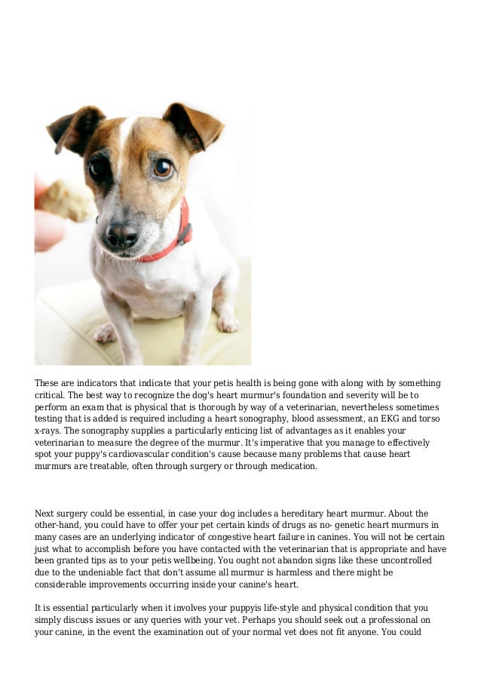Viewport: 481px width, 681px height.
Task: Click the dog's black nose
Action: point(121,234)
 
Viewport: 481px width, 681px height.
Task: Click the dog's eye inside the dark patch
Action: point(98,168)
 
